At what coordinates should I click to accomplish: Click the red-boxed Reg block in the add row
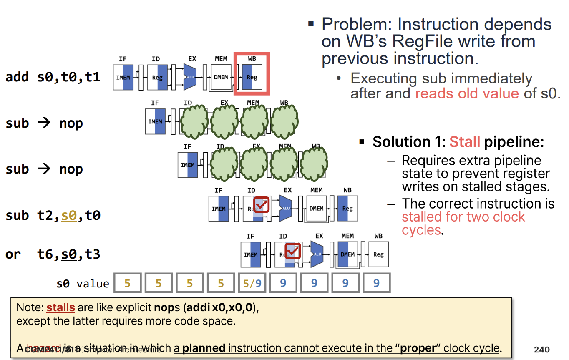pyautogui.click(x=252, y=77)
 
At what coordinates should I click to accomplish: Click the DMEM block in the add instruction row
pyautogui.click(x=221, y=77)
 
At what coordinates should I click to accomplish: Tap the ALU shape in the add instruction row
pyautogui.click(x=190, y=77)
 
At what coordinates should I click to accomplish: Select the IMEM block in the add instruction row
pyautogui.click(x=123, y=77)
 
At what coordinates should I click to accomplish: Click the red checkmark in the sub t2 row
pyautogui.click(x=262, y=204)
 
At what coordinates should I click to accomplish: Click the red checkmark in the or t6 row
pyautogui.click(x=293, y=250)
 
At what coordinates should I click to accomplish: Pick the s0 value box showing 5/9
pyautogui.click(x=252, y=283)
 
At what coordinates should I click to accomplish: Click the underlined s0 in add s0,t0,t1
pyautogui.click(x=45, y=77)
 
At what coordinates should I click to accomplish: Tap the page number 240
pyautogui.click(x=541, y=350)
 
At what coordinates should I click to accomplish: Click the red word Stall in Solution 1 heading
pyautogui.click(x=464, y=142)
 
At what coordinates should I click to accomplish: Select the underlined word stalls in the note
pyautogui.click(x=60, y=308)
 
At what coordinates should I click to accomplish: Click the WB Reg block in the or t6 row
pyautogui.click(x=378, y=254)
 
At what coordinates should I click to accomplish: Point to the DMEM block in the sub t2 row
pyautogui.click(x=316, y=209)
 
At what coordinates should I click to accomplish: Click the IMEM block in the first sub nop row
pyautogui.click(x=155, y=121)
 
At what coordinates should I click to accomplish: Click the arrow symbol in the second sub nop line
pyautogui.click(x=44, y=169)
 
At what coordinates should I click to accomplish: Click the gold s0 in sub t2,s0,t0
pyautogui.click(x=69, y=216)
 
